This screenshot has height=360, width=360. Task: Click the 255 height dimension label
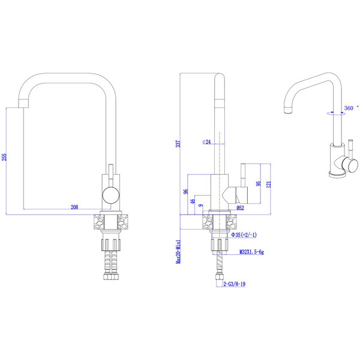[5, 157]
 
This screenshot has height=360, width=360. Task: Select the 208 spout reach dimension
[74, 207]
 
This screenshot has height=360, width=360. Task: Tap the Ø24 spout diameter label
[206, 142]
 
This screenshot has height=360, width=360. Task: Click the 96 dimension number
[186, 192]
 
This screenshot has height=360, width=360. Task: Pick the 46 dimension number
[193, 202]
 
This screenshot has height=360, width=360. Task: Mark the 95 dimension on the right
[258, 184]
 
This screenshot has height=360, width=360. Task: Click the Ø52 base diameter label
[240, 208]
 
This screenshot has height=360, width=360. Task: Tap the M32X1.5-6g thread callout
[251, 253]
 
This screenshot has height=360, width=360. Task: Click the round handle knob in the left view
[110, 193]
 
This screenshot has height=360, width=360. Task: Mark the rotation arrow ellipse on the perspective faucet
[334, 112]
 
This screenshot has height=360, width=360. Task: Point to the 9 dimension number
[200, 207]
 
